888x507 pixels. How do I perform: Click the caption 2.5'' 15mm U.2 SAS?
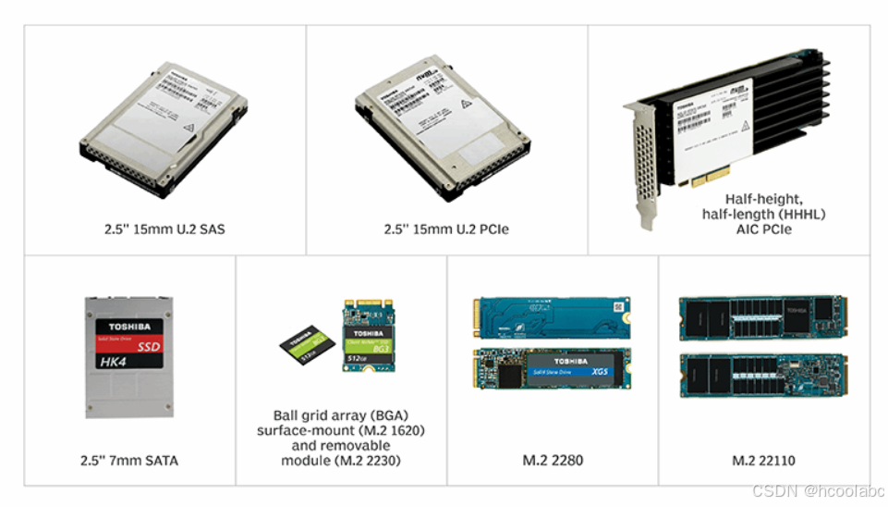(x=164, y=229)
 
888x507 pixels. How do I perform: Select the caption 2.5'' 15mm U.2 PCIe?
(x=446, y=229)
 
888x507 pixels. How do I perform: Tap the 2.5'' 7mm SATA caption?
(x=128, y=460)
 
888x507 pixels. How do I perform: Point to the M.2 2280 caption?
(x=553, y=460)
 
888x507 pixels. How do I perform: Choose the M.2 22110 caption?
(x=763, y=460)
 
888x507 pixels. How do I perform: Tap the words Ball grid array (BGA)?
(x=341, y=416)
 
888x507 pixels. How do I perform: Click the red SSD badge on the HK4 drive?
(x=148, y=347)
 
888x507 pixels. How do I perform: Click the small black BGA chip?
(x=306, y=344)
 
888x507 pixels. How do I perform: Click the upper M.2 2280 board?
(x=553, y=315)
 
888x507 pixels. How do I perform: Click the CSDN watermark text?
(x=816, y=491)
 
